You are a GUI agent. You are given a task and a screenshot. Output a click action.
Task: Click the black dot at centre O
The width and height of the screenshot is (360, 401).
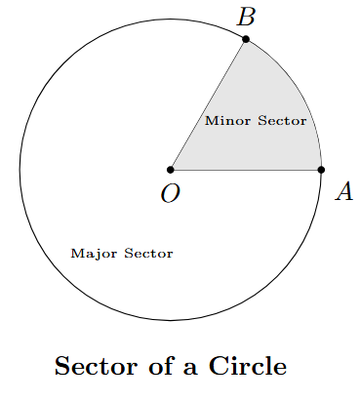[171, 170]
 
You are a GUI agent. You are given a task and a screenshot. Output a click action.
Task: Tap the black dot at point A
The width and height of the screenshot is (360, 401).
[321, 170]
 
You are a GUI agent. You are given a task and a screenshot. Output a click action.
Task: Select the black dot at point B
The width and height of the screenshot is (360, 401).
[246, 39]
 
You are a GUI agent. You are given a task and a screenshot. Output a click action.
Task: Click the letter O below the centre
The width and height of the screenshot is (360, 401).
[170, 194]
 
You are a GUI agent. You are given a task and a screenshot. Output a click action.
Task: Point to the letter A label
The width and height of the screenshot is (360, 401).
[343, 192]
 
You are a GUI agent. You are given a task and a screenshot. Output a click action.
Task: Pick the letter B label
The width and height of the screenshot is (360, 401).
[247, 17]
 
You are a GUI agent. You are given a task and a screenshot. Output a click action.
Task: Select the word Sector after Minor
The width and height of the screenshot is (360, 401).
[282, 122]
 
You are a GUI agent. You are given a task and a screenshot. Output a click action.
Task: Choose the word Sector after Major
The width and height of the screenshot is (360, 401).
[148, 254]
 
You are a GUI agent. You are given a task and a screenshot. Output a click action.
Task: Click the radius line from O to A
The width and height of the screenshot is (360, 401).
[244, 170]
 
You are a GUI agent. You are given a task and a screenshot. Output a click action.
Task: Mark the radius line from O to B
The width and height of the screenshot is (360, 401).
[208, 105]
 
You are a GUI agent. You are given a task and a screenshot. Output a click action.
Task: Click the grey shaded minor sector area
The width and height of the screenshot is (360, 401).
[263, 146]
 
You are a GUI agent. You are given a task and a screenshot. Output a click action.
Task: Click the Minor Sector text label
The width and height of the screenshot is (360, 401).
[256, 122]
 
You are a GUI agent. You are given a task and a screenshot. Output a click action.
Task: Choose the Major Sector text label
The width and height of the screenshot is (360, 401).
[122, 254]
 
